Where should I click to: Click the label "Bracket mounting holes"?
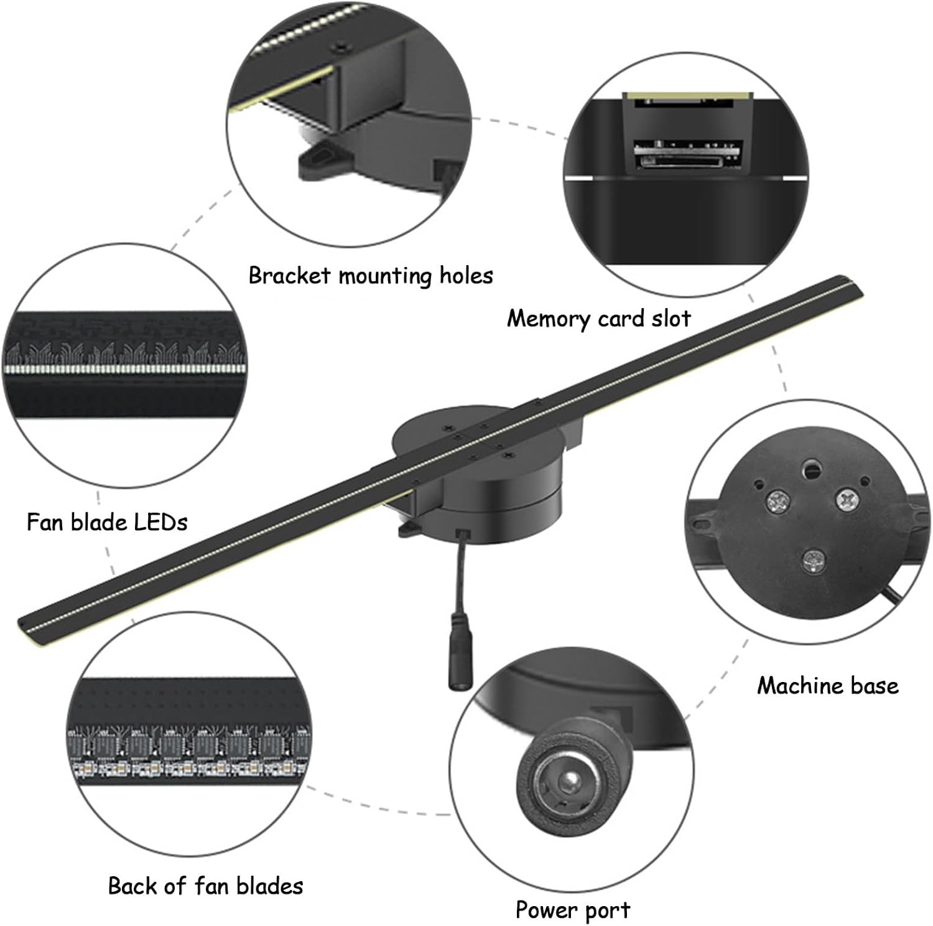(371, 275)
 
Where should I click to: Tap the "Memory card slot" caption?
(598, 319)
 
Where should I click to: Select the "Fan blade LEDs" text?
(107, 521)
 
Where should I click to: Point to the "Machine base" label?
(828, 686)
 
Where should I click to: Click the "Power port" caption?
(573, 910)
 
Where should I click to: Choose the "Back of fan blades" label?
(206, 886)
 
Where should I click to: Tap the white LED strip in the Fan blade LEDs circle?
(124, 368)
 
